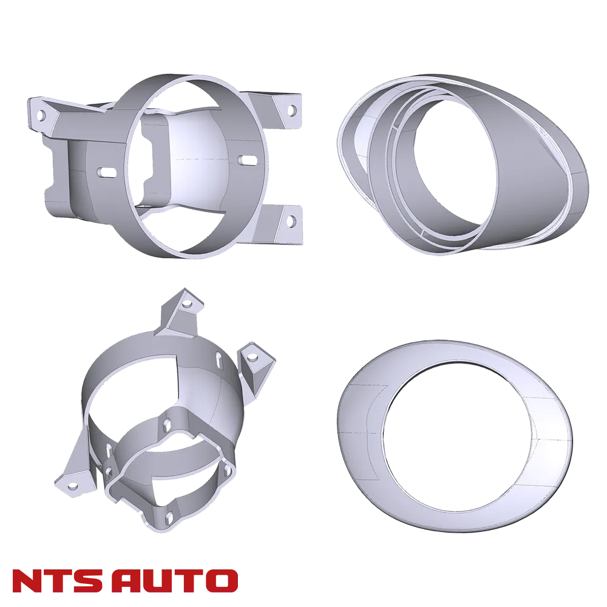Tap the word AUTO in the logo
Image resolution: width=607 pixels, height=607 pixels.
click(177, 581)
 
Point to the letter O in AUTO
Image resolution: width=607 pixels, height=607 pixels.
click(223, 581)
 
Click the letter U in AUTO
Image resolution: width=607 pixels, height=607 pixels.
click(162, 581)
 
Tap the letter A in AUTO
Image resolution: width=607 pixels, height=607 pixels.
click(132, 581)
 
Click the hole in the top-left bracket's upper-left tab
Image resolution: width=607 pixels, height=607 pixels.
click(41, 115)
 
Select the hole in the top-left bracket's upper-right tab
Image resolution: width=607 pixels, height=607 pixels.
click(293, 110)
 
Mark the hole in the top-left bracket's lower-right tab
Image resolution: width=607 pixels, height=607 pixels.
click(290, 221)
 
